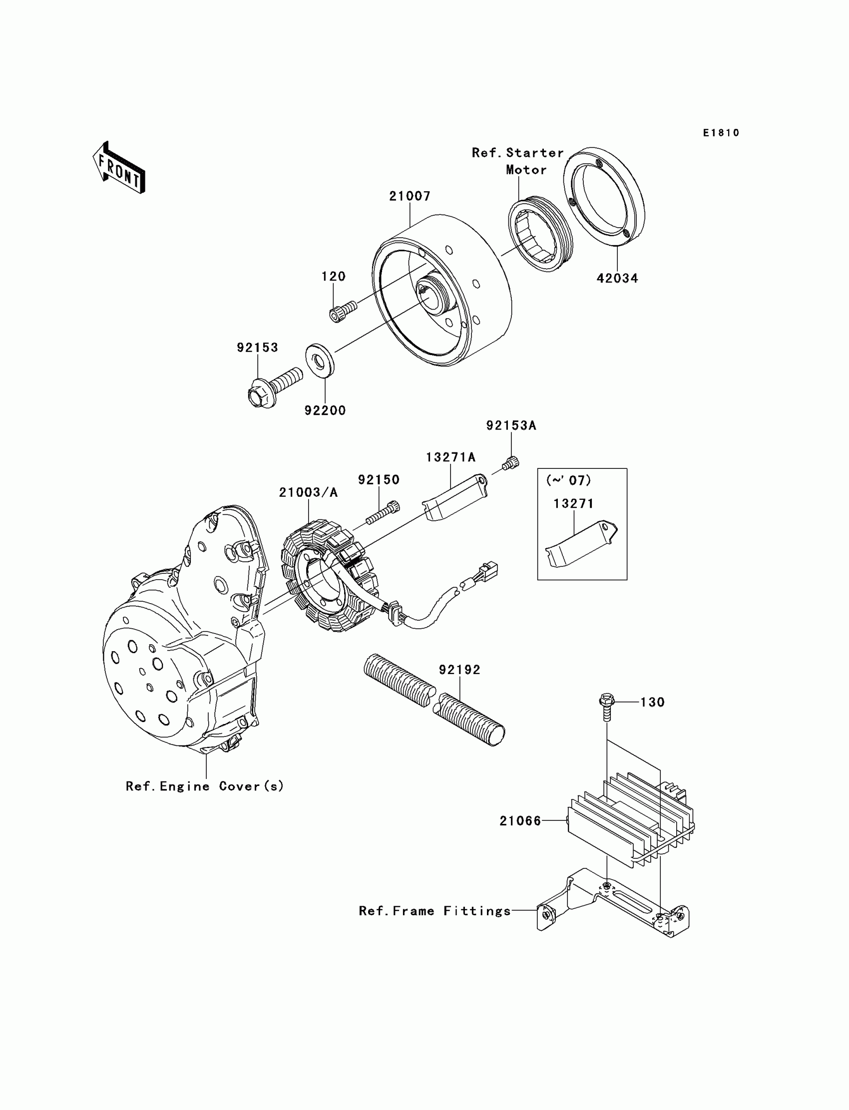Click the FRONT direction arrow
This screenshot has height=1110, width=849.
[119, 168]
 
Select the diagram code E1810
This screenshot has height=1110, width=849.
[721, 133]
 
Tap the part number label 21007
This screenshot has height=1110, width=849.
[410, 196]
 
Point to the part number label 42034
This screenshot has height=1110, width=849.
[617, 278]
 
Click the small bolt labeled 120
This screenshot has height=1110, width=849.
[342, 310]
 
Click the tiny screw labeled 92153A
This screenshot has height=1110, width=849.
[510, 462]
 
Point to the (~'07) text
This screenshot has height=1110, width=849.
[568, 480]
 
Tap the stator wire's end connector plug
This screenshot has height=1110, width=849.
[489, 569]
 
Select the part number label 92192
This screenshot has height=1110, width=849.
[459, 670]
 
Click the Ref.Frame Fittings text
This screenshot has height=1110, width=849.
[434, 911]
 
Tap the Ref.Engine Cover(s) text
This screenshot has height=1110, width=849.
[205, 786]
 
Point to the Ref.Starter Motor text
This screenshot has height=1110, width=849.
[518, 161]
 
